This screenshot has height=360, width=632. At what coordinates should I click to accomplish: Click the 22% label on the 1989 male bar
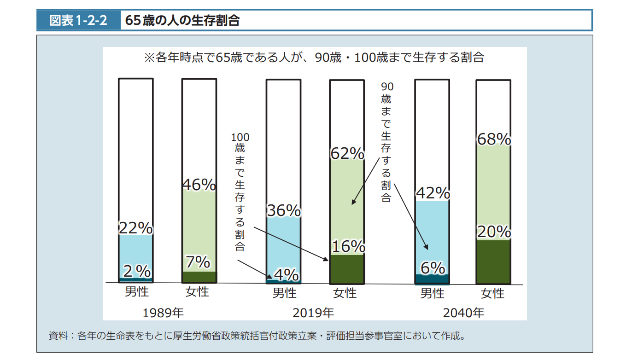pos(135,228)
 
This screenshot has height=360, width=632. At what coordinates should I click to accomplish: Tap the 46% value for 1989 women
pos(199,185)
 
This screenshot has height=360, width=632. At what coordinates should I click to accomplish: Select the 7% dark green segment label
pos(198,262)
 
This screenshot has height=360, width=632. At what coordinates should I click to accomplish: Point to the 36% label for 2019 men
pos(284,210)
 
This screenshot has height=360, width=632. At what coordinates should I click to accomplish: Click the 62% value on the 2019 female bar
pos(347,153)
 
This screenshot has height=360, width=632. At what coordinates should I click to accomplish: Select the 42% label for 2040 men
pos(433,193)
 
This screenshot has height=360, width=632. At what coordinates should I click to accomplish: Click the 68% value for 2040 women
pos(494,139)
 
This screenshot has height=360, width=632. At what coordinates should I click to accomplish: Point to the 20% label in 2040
pos(494,232)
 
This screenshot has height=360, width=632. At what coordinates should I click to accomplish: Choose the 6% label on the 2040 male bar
pos(433,268)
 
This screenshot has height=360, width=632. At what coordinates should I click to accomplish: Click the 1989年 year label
pos(163,313)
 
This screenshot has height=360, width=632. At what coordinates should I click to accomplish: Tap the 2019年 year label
pos(313,313)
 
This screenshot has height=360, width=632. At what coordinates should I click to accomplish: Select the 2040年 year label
pos(463,313)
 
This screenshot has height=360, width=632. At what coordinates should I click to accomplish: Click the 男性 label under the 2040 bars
pos(432,293)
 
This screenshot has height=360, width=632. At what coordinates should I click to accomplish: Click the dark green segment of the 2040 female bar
pos(493,262)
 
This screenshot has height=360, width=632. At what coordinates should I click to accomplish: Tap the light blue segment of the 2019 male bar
pos(283,246)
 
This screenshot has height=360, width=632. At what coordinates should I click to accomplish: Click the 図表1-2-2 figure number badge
pos(78,21)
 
